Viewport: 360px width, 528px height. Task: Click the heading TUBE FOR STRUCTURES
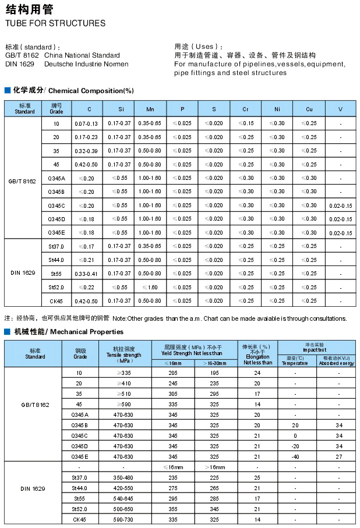[x=55, y=23]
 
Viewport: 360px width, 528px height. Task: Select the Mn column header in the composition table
[x=150, y=109]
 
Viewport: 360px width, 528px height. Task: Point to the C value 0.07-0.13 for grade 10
[x=86, y=124]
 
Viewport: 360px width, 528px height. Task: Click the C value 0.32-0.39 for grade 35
[x=86, y=151]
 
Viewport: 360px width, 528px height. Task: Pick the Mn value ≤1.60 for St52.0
[x=150, y=287]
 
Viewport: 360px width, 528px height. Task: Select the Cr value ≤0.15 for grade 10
[x=246, y=124]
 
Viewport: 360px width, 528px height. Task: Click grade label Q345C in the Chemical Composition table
[x=57, y=205]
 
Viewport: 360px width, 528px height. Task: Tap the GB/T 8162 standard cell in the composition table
[x=22, y=182]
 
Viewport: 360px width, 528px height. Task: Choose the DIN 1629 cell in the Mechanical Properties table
[x=33, y=488]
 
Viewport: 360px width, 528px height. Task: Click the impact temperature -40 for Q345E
[x=295, y=456]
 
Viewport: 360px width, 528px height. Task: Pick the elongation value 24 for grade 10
[x=257, y=373]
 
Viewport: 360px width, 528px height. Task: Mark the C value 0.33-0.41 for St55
[x=86, y=274]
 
